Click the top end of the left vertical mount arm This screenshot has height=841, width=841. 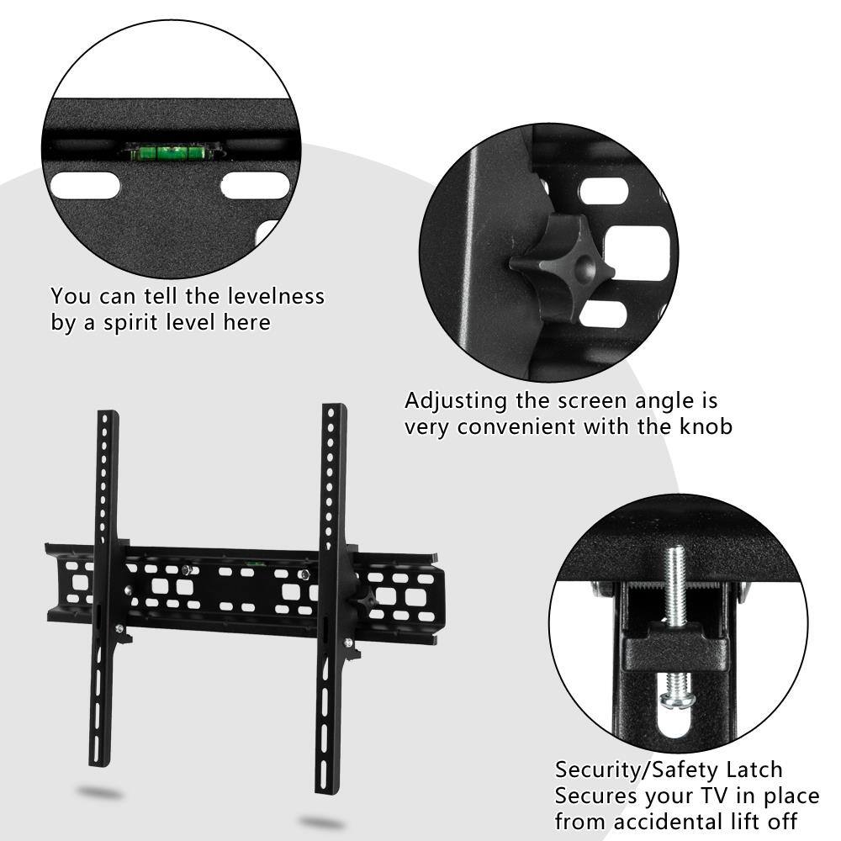click(108, 416)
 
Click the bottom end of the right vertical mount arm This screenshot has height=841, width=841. click(325, 786)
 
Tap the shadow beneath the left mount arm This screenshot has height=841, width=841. click(99, 792)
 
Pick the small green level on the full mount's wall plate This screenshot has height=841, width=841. click(252, 562)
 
